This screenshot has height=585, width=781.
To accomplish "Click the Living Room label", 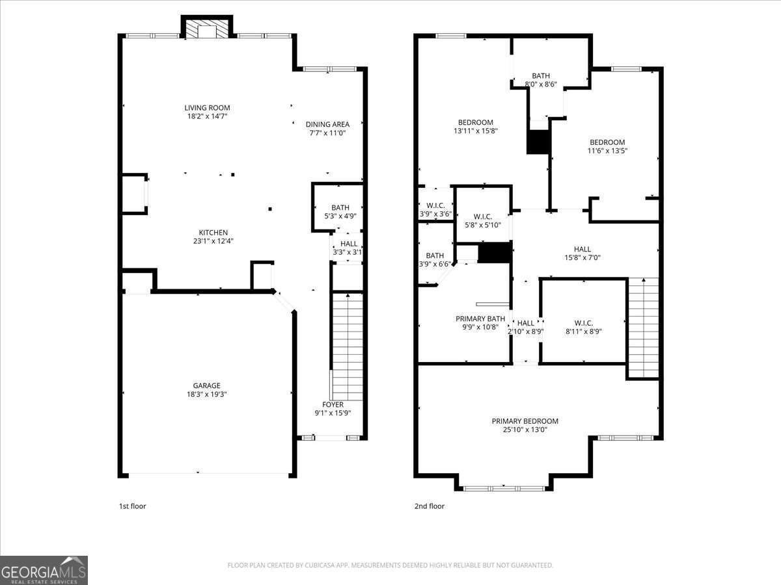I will coord(207,108).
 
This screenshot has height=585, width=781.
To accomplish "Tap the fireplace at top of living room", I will coord(207,30).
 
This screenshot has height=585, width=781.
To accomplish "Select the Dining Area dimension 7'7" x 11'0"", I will coord(327,133).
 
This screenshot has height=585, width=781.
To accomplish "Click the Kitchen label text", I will coord(213,233).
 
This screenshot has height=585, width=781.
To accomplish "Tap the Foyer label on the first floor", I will coord(333,405).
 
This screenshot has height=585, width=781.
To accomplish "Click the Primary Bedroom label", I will coord(525,421).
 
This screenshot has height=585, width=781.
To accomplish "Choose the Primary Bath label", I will coord(480,318).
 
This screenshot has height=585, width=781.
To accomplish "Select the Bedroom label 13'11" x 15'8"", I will coord(475,122).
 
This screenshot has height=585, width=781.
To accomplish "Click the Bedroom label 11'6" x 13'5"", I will coord(607,142).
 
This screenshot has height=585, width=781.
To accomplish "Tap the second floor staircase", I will coord(643,328).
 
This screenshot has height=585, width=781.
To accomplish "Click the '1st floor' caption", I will coord(132,506).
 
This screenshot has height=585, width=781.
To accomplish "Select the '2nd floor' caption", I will coord(430,506).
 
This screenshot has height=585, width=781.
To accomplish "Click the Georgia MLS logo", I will coord(44,570).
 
